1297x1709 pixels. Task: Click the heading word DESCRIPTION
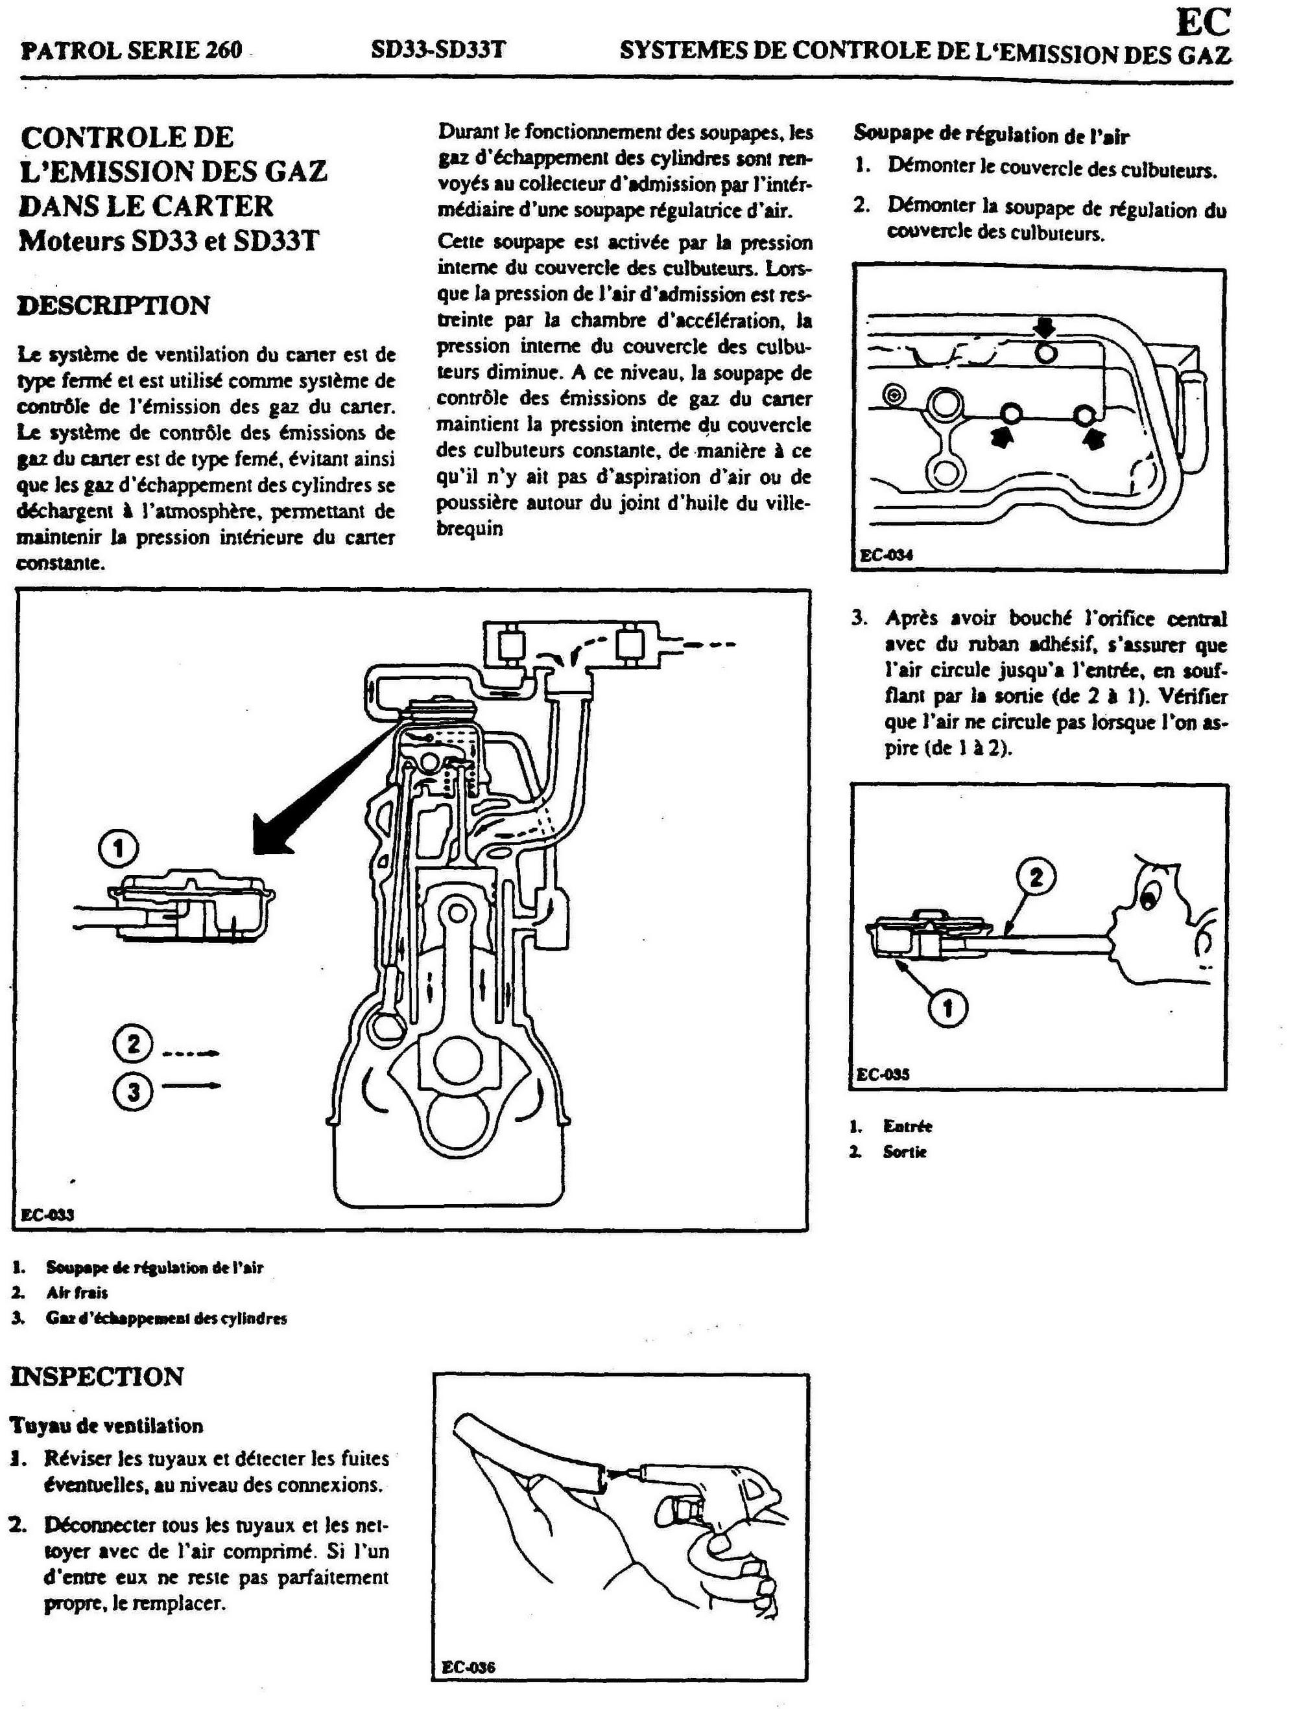point(113,306)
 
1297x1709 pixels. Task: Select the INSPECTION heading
point(97,1376)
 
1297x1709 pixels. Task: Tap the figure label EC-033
point(47,1214)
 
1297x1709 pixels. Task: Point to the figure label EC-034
point(886,555)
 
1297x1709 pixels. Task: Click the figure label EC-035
point(883,1074)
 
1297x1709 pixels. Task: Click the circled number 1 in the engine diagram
point(118,849)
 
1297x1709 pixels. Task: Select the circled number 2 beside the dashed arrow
point(133,1045)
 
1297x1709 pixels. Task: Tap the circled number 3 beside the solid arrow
point(133,1093)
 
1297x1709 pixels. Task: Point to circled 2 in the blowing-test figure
point(1036,877)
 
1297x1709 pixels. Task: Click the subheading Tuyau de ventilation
point(106,1424)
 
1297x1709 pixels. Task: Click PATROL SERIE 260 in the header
point(132,51)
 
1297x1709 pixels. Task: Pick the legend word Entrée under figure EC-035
point(907,1126)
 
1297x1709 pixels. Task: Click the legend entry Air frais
point(77,1292)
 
